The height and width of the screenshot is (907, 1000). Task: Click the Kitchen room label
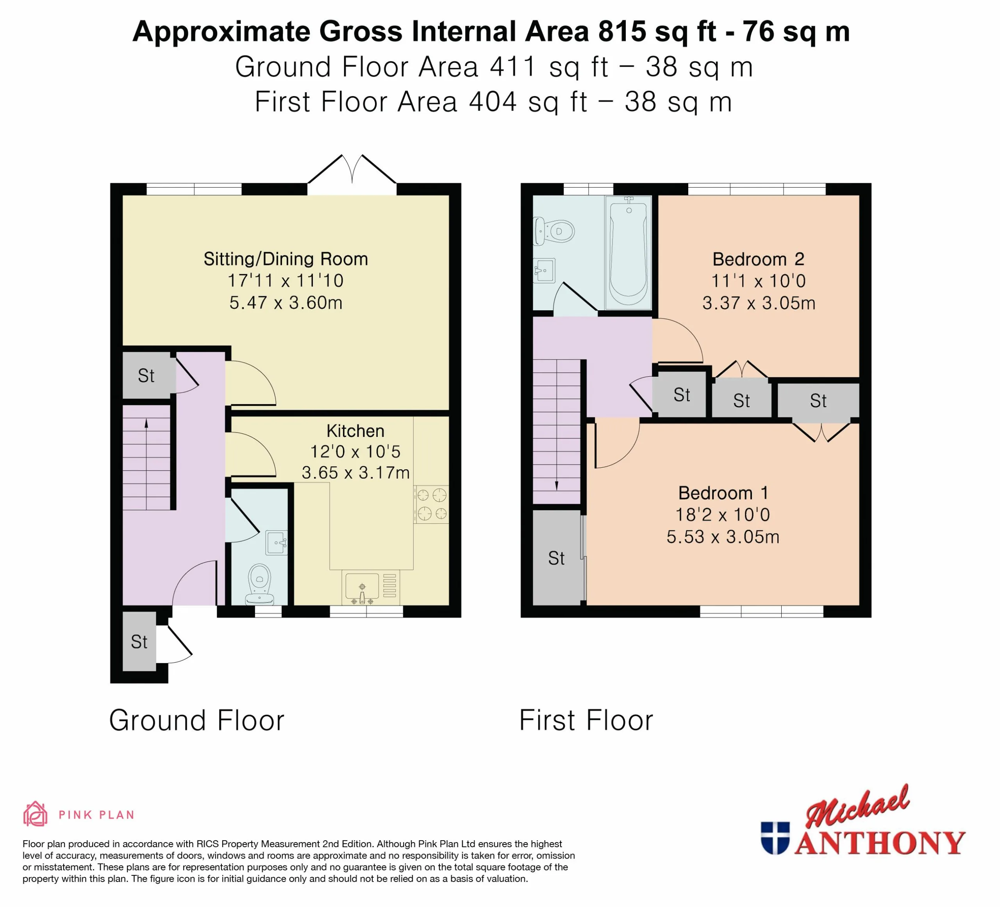click(x=355, y=431)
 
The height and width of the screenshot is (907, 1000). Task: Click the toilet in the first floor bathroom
click(x=554, y=231)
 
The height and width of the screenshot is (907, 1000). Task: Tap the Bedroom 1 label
click(x=723, y=493)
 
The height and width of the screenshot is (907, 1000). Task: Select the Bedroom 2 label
click(x=759, y=259)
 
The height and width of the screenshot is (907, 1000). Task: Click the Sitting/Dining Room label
click(x=286, y=259)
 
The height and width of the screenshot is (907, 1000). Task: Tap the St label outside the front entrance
click(x=139, y=642)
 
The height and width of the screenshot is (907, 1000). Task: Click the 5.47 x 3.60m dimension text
click(x=286, y=303)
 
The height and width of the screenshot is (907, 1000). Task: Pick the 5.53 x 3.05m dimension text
click(x=723, y=537)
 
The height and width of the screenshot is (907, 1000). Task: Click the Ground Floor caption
click(x=197, y=721)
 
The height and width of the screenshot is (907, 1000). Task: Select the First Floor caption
click(x=586, y=721)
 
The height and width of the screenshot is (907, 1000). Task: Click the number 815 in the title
click(x=622, y=31)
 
